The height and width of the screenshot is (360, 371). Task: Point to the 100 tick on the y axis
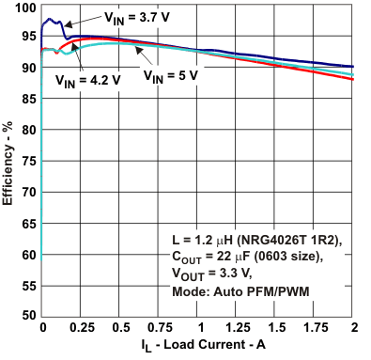click(x=24, y=8)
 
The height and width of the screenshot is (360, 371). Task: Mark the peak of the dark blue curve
click(x=49, y=19)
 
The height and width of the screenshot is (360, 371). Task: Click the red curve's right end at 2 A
click(x=353, y=80)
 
